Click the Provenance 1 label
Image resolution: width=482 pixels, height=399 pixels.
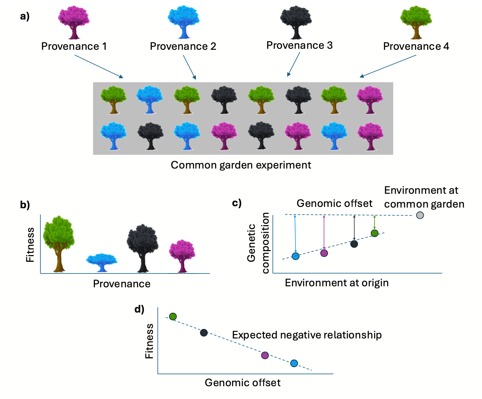74,46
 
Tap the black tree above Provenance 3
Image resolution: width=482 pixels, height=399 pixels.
296,22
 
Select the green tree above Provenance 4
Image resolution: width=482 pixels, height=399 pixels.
416,22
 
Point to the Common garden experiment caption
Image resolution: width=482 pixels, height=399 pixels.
241,165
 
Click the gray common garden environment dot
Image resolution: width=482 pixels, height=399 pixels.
420,215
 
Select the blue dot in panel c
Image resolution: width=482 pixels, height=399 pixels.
296,256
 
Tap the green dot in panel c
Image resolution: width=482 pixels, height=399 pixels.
375,233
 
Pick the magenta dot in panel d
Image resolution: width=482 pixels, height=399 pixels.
265,355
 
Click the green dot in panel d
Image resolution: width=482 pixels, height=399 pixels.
173,317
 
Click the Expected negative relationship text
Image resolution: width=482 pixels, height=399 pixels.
307,335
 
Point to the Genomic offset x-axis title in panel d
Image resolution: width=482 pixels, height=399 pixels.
242,383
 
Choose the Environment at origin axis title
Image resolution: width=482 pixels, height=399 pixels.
337,283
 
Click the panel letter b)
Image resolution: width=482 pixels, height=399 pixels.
25,205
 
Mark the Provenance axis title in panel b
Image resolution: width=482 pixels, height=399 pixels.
122,284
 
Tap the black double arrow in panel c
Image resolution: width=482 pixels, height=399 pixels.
354,228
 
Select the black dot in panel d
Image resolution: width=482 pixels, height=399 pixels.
204,333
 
